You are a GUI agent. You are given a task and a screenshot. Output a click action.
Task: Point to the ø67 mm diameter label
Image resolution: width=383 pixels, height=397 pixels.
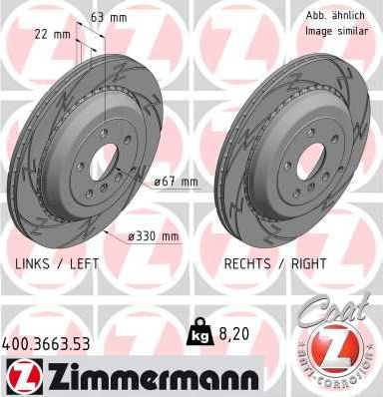(x=177, y=182)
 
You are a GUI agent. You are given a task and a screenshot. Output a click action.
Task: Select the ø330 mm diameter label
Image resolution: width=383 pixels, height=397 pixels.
(x=156, y=235)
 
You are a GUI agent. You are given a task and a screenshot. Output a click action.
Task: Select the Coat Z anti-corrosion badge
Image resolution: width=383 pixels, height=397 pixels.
(x=337, y=339)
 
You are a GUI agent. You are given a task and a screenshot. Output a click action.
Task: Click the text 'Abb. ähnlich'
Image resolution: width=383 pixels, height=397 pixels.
(x=330, y=16)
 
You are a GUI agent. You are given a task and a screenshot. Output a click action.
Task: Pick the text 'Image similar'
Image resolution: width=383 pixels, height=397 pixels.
(x=331, y=32)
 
